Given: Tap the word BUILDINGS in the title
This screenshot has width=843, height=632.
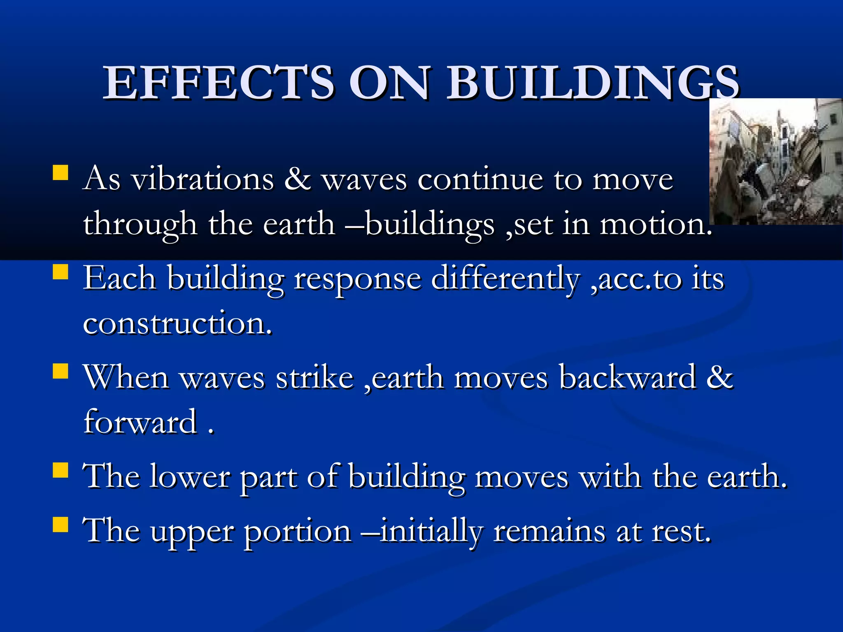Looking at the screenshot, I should [593, 83].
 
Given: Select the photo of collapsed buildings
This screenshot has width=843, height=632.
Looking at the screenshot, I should [775, 161].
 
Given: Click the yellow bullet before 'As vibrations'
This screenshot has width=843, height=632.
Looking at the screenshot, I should [61, 173].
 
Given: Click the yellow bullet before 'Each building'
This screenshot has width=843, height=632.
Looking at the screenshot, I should [61, 272].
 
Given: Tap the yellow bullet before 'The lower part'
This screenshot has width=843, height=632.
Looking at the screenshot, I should [61, 469].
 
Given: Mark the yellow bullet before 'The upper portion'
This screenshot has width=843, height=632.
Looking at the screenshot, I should [61, 525].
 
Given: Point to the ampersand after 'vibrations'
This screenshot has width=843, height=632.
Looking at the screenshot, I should [297, 179].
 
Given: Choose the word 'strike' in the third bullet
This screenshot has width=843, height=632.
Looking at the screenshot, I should [315, 378].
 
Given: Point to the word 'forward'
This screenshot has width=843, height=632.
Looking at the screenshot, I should [140, 422].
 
